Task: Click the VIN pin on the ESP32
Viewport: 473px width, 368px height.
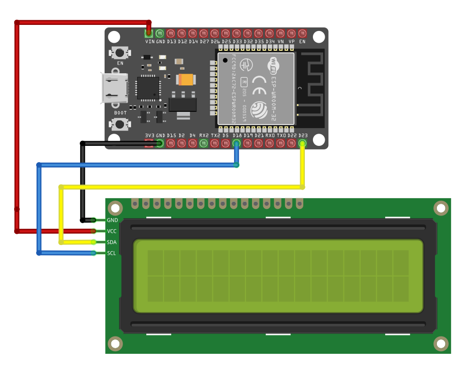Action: click(149, 34)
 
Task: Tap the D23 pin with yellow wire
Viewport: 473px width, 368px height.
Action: click(303, 144)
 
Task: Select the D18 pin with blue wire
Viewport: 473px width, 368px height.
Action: click(236, 144)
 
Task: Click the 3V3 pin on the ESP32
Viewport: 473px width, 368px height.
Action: click(149, 144)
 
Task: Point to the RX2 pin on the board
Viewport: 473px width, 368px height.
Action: click(203, 144)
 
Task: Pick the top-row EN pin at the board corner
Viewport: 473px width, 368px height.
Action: click(302, 34)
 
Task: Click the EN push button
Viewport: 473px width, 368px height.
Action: click(120, 52)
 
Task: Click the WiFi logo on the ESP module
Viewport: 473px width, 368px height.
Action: click(273, 66)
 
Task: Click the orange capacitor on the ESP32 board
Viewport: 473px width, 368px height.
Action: click(185, 79)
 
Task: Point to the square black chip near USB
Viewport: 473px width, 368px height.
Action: click(148, 88)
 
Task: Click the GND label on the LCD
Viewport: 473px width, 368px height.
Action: click(112, 220)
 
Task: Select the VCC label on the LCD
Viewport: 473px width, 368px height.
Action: click(112, 231)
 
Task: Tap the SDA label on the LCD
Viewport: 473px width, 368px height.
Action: click(112, 242)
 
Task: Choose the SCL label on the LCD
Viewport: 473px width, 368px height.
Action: click(112, 253)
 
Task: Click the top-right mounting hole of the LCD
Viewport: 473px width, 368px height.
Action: click(440, 208)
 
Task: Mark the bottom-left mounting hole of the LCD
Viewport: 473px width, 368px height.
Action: click(115, 344)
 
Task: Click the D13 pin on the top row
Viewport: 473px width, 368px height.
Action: click(171, 34)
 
